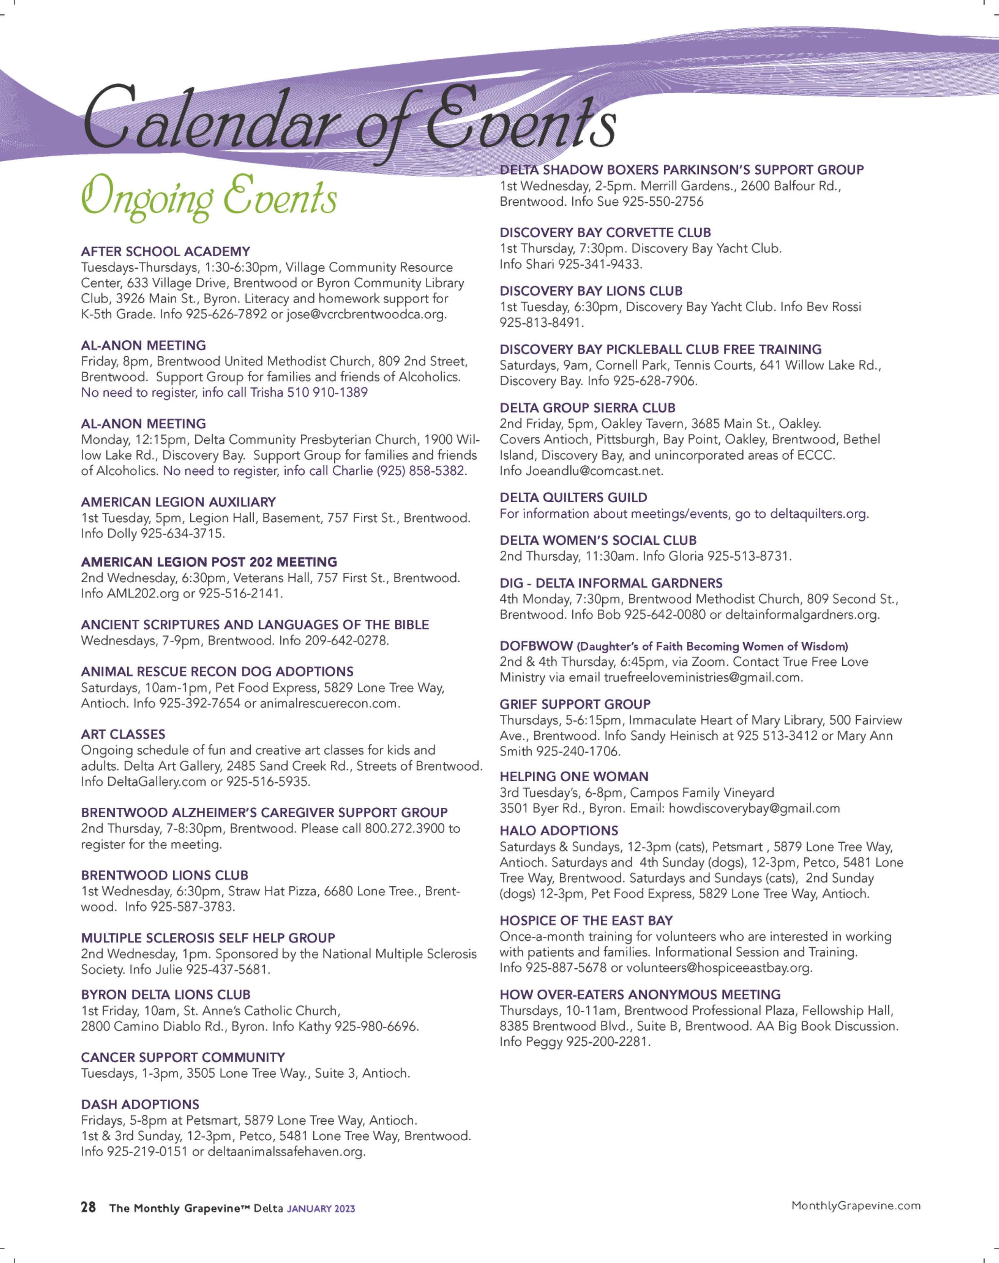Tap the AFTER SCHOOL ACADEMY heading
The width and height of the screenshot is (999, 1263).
(166, 251)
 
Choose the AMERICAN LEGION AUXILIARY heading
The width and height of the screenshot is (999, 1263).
(178, 502)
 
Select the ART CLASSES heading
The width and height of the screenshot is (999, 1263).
(123, 734)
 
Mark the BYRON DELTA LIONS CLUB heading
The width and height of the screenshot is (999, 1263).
(166, 995)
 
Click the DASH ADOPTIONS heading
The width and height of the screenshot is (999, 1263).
(140, 1104)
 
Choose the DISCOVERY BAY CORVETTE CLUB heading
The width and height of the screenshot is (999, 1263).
(605, 232)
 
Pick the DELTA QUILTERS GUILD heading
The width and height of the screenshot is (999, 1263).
(573, 498)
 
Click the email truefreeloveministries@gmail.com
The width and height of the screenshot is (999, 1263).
(703, 678)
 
